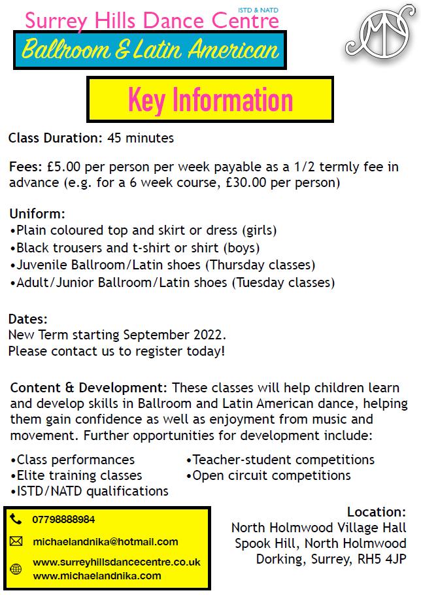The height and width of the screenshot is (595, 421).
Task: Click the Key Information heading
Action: pos(210,101)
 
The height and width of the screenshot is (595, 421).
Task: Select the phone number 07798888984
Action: pos(63,520)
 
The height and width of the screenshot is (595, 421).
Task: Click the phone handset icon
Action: pos(16,520)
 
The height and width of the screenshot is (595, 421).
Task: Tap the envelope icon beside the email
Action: pos(16,541)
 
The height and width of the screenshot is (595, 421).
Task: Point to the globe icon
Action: pos(16,569)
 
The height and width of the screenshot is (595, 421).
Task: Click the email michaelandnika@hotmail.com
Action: pos(105,541)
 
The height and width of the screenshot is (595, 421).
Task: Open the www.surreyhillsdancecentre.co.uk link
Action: pos(116,562)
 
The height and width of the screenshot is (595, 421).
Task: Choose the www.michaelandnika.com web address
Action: pos(97,575)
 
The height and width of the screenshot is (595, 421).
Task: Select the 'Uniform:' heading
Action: pos(38,214)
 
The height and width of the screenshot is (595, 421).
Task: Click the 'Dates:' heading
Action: pos(28,320)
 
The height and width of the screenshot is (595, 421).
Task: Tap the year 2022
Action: pos(209,335)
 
